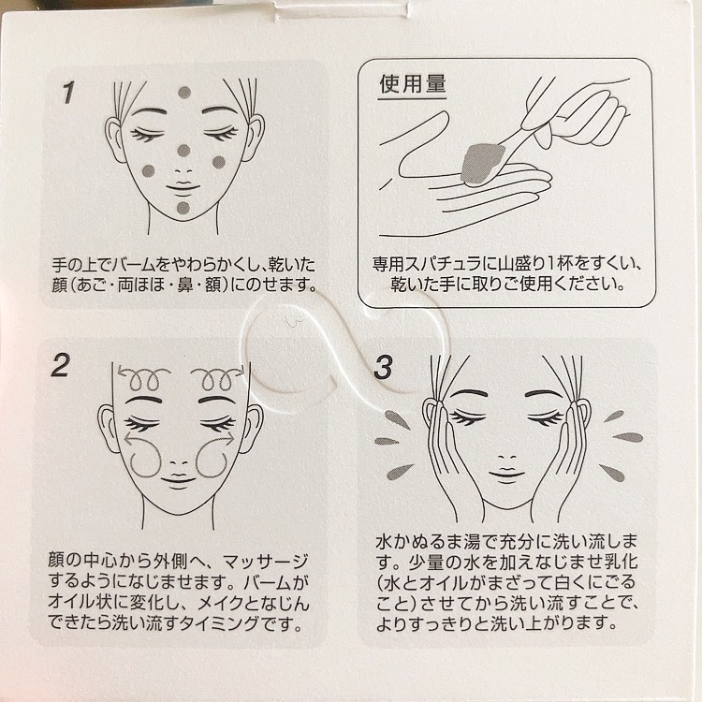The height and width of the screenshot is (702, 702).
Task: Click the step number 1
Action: pos(68,93)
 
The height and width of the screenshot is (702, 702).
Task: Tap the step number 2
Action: pos(61,365)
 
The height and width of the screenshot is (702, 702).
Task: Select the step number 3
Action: pos(383,368)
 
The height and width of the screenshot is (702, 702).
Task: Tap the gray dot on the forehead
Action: pos(184,93)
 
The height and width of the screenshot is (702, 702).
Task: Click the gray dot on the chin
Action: pos(183,208)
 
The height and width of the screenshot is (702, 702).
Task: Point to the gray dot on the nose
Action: pos(183,151)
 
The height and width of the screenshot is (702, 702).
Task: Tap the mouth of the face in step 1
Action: pos(183,186)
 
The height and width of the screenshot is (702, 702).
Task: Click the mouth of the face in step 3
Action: pos(506,475)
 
